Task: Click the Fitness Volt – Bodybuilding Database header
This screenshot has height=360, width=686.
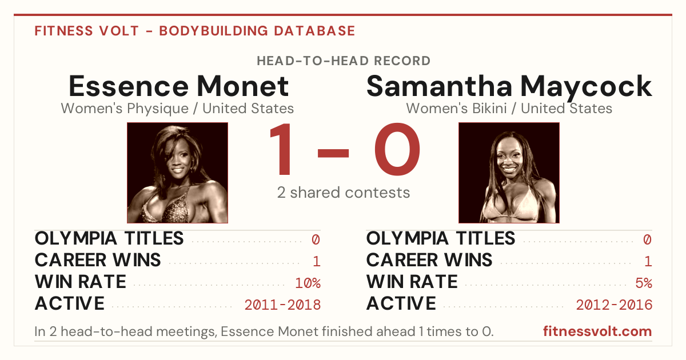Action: (x=195, y=31)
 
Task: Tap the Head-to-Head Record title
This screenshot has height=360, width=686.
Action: (x=344, y=61)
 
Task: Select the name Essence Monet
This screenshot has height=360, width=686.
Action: (x=178, y=86)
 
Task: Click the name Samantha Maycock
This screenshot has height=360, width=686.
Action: (x=509, y=87)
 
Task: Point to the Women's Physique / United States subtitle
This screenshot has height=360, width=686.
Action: (x=177, y=109)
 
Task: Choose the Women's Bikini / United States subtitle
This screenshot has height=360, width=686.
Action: (x=509, y=109)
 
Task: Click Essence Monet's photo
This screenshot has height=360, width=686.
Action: (x=177, y=173)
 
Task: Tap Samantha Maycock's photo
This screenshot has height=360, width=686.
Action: (x=509, y=173)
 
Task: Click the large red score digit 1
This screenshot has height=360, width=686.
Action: (x=281, y=149)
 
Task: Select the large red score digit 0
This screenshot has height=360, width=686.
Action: (x=397, y=149)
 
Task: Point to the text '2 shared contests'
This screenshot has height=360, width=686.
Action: (x=344, y=193)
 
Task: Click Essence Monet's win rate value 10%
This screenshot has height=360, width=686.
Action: (x=308, y=283)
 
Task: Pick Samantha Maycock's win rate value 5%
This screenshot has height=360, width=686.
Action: (x=644, y=283)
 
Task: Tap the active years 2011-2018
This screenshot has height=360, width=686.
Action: (x=282, y=305)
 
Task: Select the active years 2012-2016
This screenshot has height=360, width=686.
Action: (x=614, y=305)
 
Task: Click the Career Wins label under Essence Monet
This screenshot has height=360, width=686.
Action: (x=98, y=260)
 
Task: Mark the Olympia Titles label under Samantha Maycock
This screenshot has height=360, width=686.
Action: (x=441, y=238)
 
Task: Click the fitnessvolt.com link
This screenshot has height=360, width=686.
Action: (x=597, y=331)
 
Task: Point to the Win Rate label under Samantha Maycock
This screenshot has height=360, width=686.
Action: (x=412, y=282)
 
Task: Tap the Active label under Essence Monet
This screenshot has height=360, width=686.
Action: (x=70, y=303)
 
